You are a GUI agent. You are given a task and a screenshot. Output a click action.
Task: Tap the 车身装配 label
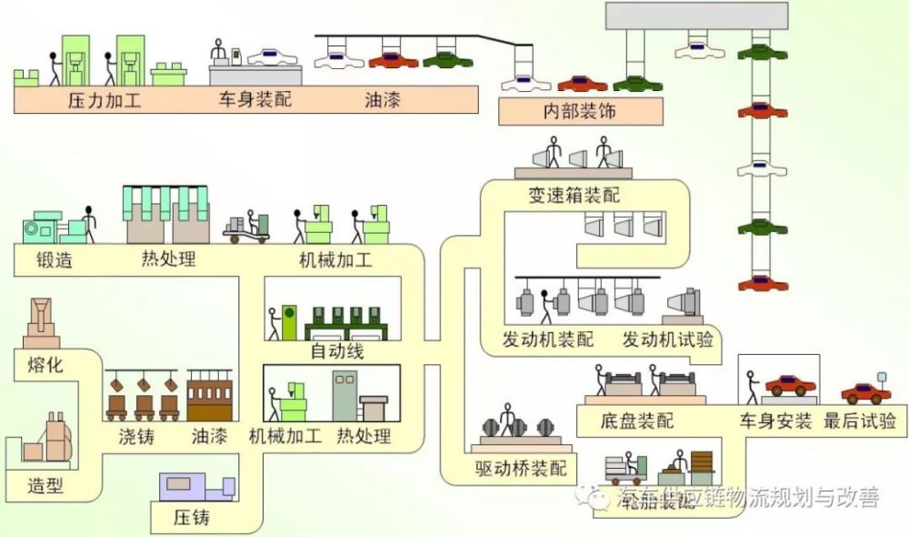click(255, 100)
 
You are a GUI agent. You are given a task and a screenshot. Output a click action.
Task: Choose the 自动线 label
click(337, 351)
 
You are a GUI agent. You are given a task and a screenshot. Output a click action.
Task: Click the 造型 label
click(45, 485)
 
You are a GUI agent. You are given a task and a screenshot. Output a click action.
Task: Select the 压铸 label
click(192, 518)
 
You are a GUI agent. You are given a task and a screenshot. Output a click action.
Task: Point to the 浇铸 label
click(136, 437)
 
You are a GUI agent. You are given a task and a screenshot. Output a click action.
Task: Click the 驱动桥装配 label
click(521, 470)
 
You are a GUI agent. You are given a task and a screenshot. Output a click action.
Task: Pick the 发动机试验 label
click(667, 340)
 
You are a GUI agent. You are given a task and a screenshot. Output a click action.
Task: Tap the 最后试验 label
click(859, 421)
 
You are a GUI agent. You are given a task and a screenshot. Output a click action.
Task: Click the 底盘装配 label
click(637, 421)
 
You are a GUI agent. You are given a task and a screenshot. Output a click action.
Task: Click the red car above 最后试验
click(865, 393)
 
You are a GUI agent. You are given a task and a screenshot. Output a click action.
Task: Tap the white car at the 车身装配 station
click(272, 56)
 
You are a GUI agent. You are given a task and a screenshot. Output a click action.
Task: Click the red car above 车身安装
click(790, 385)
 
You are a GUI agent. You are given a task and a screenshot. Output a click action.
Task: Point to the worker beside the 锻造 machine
click(88, 223)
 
